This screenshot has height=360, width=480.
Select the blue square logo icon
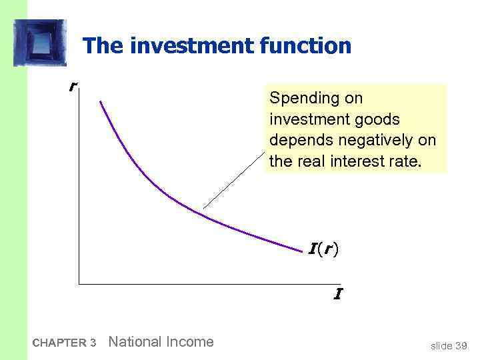pyautogui.click(x=40, y=43)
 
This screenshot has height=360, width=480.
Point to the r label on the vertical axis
pyautogui.click(x=72, y=87)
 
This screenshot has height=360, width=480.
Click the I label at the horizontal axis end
pyautogui.click(x=338, y=293)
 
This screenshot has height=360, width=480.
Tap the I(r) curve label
pyautogui.click(x=323, y=250)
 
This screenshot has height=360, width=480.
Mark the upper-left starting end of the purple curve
pyautogui.click(x=101, y=101)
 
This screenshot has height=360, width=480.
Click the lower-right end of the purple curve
pyautogui.click(x=301, y=251)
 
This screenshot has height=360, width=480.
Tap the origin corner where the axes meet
pyautogui.click(x=79, y=285)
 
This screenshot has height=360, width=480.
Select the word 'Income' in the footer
pyautogui.click(x=189, y=342)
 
